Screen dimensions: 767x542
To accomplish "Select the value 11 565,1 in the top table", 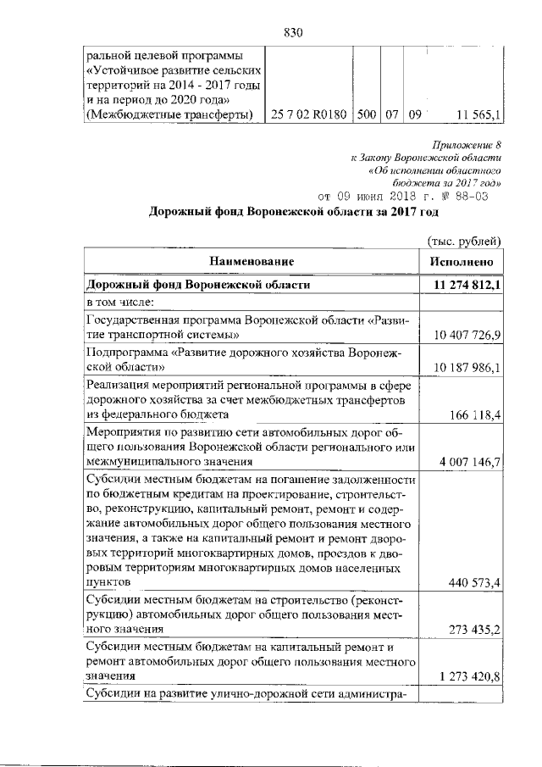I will [x=478, y=114].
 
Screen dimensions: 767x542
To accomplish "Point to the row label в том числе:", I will [x=119, y=302].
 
